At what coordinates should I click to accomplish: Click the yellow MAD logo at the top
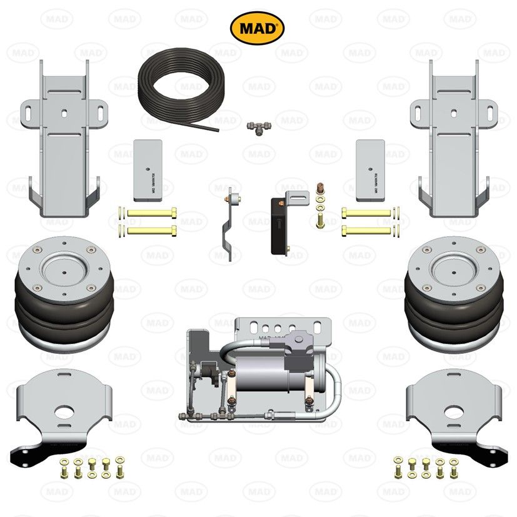pyautogui.click(x=257, y=28)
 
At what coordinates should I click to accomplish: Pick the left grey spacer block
pyautogui.click(x=148, y=169)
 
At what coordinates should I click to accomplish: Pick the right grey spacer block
pyautogui.click(x=369, y=169)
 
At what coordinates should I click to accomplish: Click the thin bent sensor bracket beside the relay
pyautogui.click(x=230, y=226)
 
